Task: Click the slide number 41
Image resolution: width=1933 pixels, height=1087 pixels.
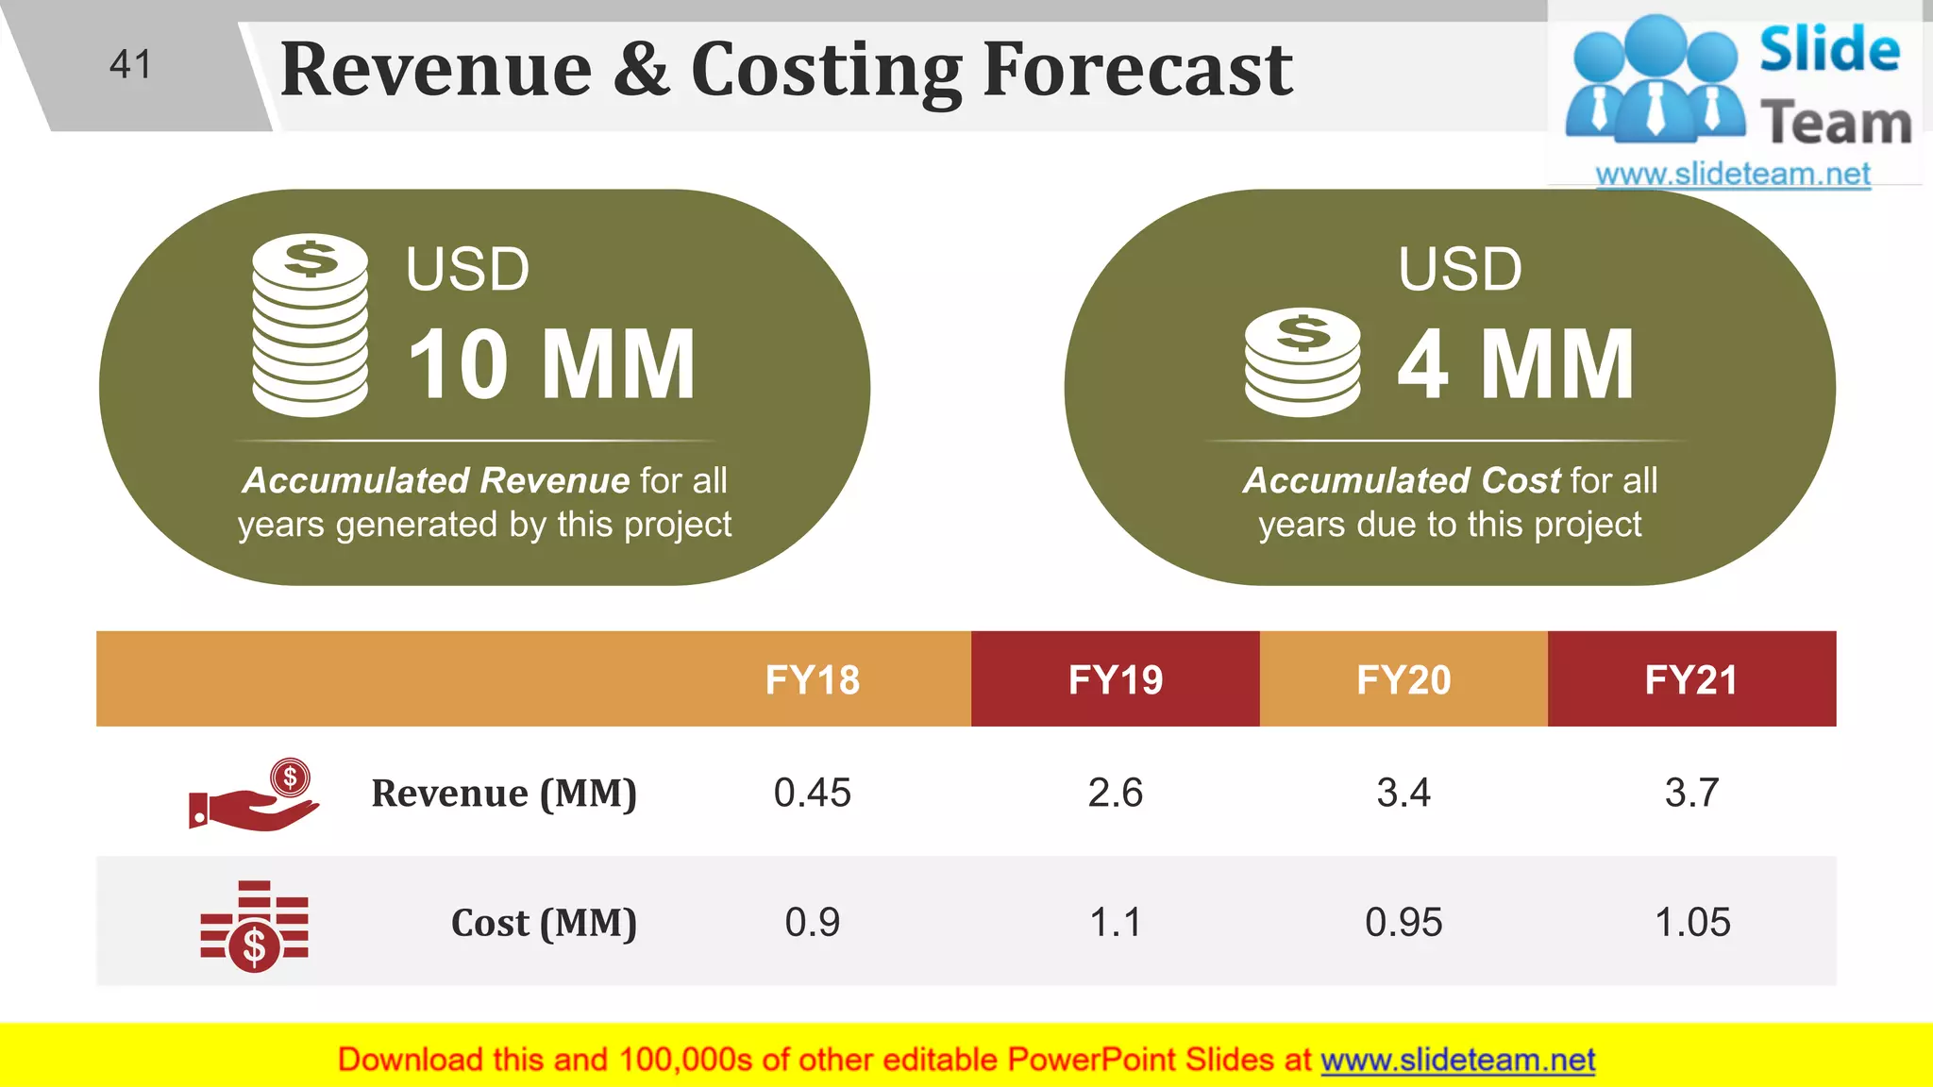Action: pos(130,65)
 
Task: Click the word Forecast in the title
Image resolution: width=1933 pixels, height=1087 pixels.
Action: pos(1137,70)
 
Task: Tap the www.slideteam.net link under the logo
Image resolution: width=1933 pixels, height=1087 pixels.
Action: pos(1732,174)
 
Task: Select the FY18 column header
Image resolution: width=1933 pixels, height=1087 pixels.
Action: pos(812,679)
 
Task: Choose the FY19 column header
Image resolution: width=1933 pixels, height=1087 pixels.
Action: pos(1115,679)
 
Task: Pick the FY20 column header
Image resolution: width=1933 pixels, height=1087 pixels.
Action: pos(1404,679)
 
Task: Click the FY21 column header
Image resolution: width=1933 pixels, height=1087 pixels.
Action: pos(1691,679)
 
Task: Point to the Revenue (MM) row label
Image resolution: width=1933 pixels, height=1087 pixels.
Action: pos(504,794)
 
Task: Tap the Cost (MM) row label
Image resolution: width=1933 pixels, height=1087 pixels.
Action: pos(544,923)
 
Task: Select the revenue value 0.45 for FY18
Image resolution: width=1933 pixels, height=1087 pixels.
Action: pos(812,793)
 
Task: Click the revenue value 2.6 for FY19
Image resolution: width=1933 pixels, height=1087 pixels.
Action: pos(1115,793)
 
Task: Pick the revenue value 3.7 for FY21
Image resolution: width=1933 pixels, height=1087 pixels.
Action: pos(1691,793)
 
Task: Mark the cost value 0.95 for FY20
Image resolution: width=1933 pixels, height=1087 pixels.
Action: pos(1404,922)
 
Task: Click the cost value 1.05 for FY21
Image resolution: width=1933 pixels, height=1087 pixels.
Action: pos(1692,922)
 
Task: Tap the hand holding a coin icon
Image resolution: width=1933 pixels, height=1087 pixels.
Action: pos(254,794)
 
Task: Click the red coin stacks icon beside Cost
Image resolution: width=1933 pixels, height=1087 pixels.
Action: pos(254,926)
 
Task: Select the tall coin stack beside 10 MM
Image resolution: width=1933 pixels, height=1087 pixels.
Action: pos(310,325)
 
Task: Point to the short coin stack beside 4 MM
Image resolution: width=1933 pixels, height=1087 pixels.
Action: pos(1303,362)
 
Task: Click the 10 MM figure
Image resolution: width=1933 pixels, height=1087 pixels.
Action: pos(552,364)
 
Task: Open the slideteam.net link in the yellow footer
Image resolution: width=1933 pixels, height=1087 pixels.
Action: pos(1457,1060)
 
